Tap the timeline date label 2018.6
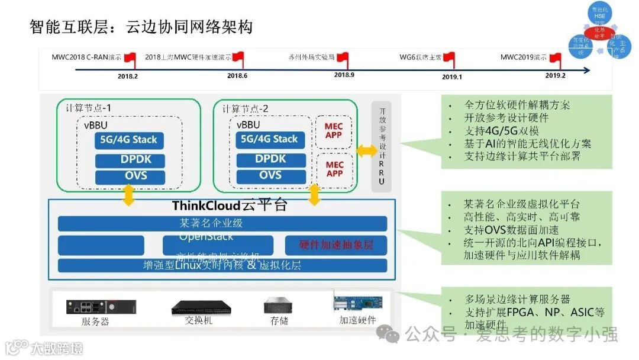pyautogui.click(x=237, y=76)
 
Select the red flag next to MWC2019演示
pyautogui.click(x=555, y=58)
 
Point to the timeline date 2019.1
pyautogui.click(x=451, y=76)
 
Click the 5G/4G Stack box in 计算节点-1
pyautogui.click(x=128, y=140)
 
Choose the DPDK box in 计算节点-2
pyautogui.click(x=270, y=159)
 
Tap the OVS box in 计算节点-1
pyautogui.click(x=128, y=176)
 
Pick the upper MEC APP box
pyautogui.click(x=334, y=131)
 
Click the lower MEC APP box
pyautogui.click(x=334, y=169)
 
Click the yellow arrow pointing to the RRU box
pyautogui.click(x=367, y=151)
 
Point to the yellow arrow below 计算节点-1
pyautogui.click(x=128, y=195)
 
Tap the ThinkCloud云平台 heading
pyautogui.click(x=230, y=206)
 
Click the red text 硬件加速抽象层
pyautogui.click(x=335, y=245)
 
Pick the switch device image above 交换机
pyautogui.click(x=198, y=308)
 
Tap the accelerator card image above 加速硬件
pyautogui.click(x=357, y=303)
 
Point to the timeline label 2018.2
pyautogui.click(x=127, y=76)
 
